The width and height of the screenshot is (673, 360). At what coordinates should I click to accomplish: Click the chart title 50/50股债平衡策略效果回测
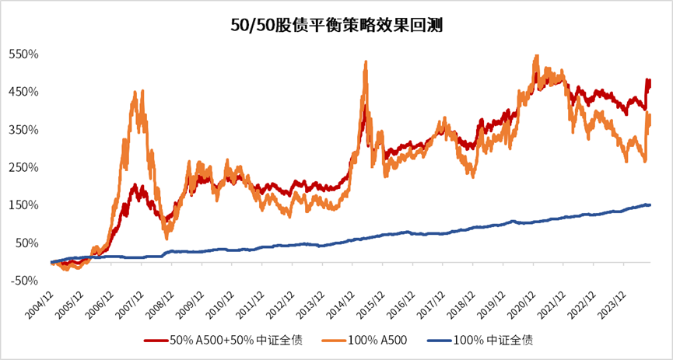[336, 25]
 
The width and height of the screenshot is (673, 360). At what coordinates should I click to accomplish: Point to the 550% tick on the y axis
[23, 54]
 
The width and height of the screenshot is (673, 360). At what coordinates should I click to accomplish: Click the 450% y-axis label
[23, 92]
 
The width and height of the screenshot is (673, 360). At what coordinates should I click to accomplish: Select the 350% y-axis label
[23, 130]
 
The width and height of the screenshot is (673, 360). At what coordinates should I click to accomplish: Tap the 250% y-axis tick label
[23, 167]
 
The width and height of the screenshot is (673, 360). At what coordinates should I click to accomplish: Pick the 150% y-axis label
[23, 205]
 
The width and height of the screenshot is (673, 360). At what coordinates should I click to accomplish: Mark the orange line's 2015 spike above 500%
[366, 62]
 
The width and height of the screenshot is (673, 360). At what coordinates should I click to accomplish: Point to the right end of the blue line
[650, 204]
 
